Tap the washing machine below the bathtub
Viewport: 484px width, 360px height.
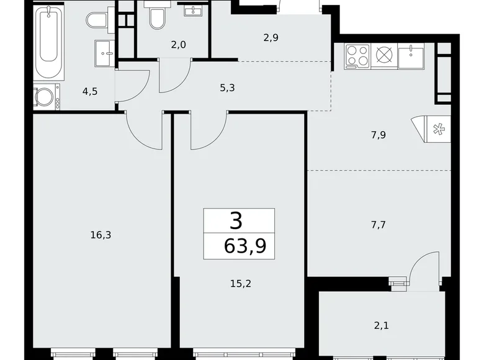click(45, 97)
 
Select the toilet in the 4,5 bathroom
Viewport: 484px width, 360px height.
click(97, 20)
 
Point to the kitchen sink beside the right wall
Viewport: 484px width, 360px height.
click(411, 56)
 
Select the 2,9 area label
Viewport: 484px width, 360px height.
click(271, 38)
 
